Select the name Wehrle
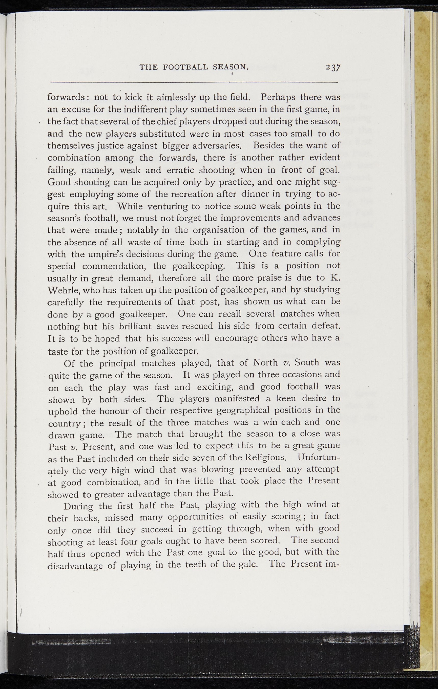pos(62,290)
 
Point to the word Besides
pos(265,146)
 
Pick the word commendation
pos(114,266)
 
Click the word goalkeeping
pos(198,266)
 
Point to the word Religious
pos(265,458)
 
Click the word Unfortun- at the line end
pos(318,458)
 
